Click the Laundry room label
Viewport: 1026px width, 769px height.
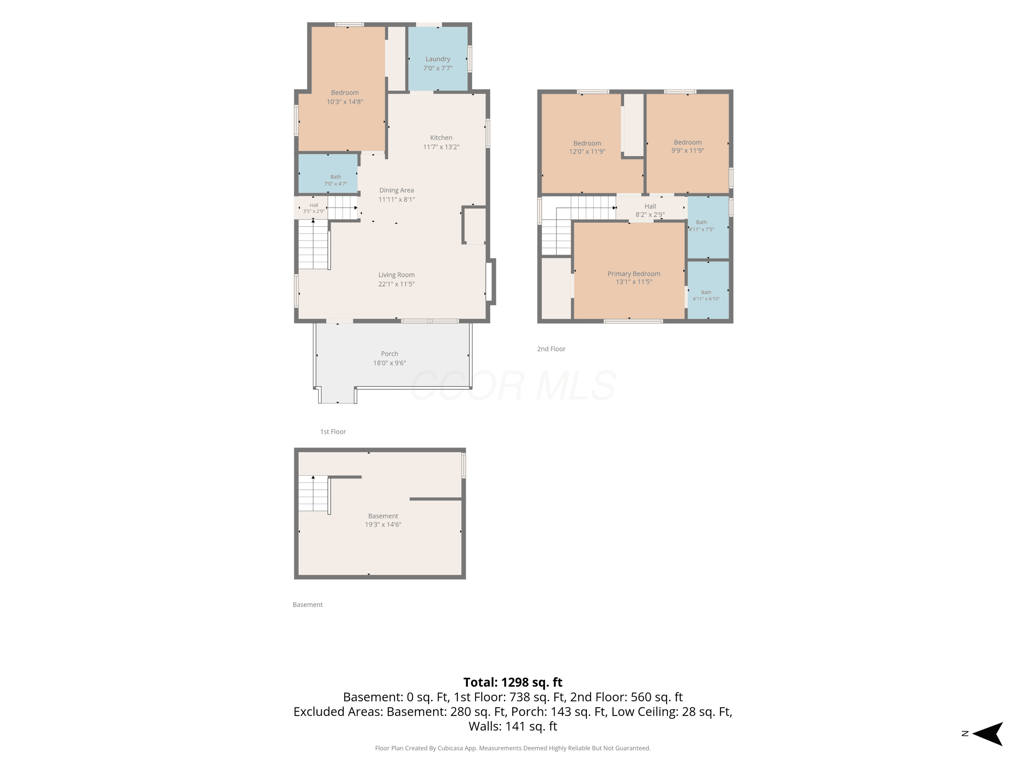(x=437, y=59)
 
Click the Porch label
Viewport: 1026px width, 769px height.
(x=389, y=354)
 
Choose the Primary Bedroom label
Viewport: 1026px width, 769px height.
(x=634, y=274)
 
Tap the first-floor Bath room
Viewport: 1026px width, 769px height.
(x=328, y=173)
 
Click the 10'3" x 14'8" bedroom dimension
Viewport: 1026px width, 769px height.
(x=345, y=102)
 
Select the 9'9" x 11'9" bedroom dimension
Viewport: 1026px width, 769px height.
(x=687, y=151)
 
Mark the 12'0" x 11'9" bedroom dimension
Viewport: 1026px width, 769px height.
(x=587, y=151)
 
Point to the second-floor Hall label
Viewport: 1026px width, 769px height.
(x=650, y=206)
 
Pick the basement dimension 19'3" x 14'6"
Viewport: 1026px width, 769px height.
(x=383, y=525)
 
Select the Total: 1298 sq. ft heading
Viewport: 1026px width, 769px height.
(x=513, y=682)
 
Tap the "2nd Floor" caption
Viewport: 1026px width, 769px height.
(x=551, y=349)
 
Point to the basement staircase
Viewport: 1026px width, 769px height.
(x=314, y=494)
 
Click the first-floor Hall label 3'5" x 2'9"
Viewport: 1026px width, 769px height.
(x=314, y=208)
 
